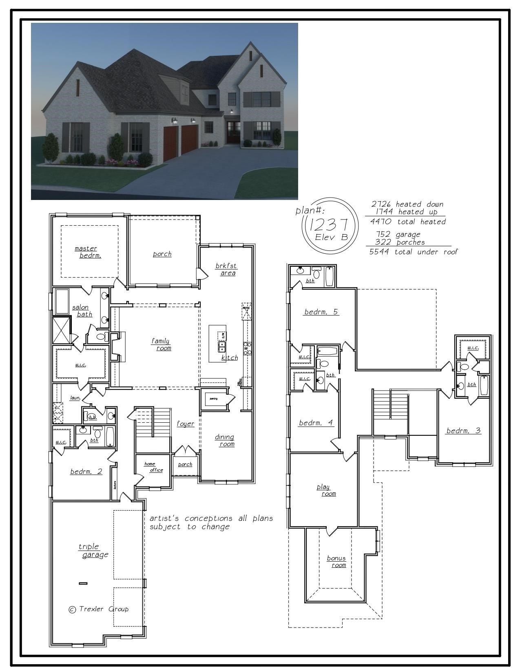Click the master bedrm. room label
(x=88, y=252)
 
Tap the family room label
(x=162, y=345)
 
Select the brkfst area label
(x=226, y=269)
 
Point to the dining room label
(x=225, y=441)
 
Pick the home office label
(x=153, y=467)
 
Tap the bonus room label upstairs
(x=336, y=562)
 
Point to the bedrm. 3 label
(x=463, y=430)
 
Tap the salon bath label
(x=82, y=311)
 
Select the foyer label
(x=185, y=424)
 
